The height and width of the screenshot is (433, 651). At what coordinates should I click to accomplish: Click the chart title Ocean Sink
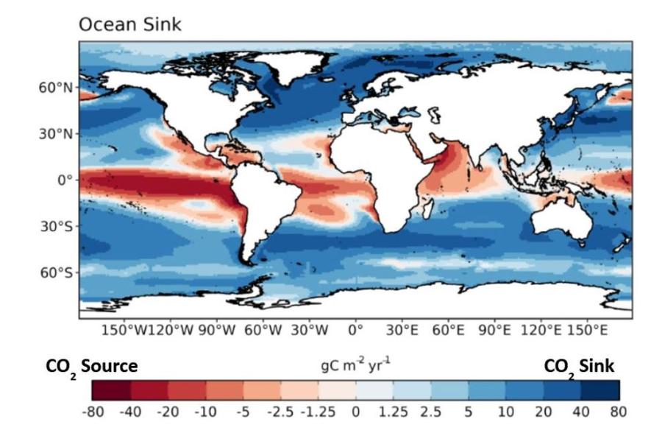pos(129,25)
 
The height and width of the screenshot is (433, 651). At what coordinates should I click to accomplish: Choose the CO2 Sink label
pos(580,366)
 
